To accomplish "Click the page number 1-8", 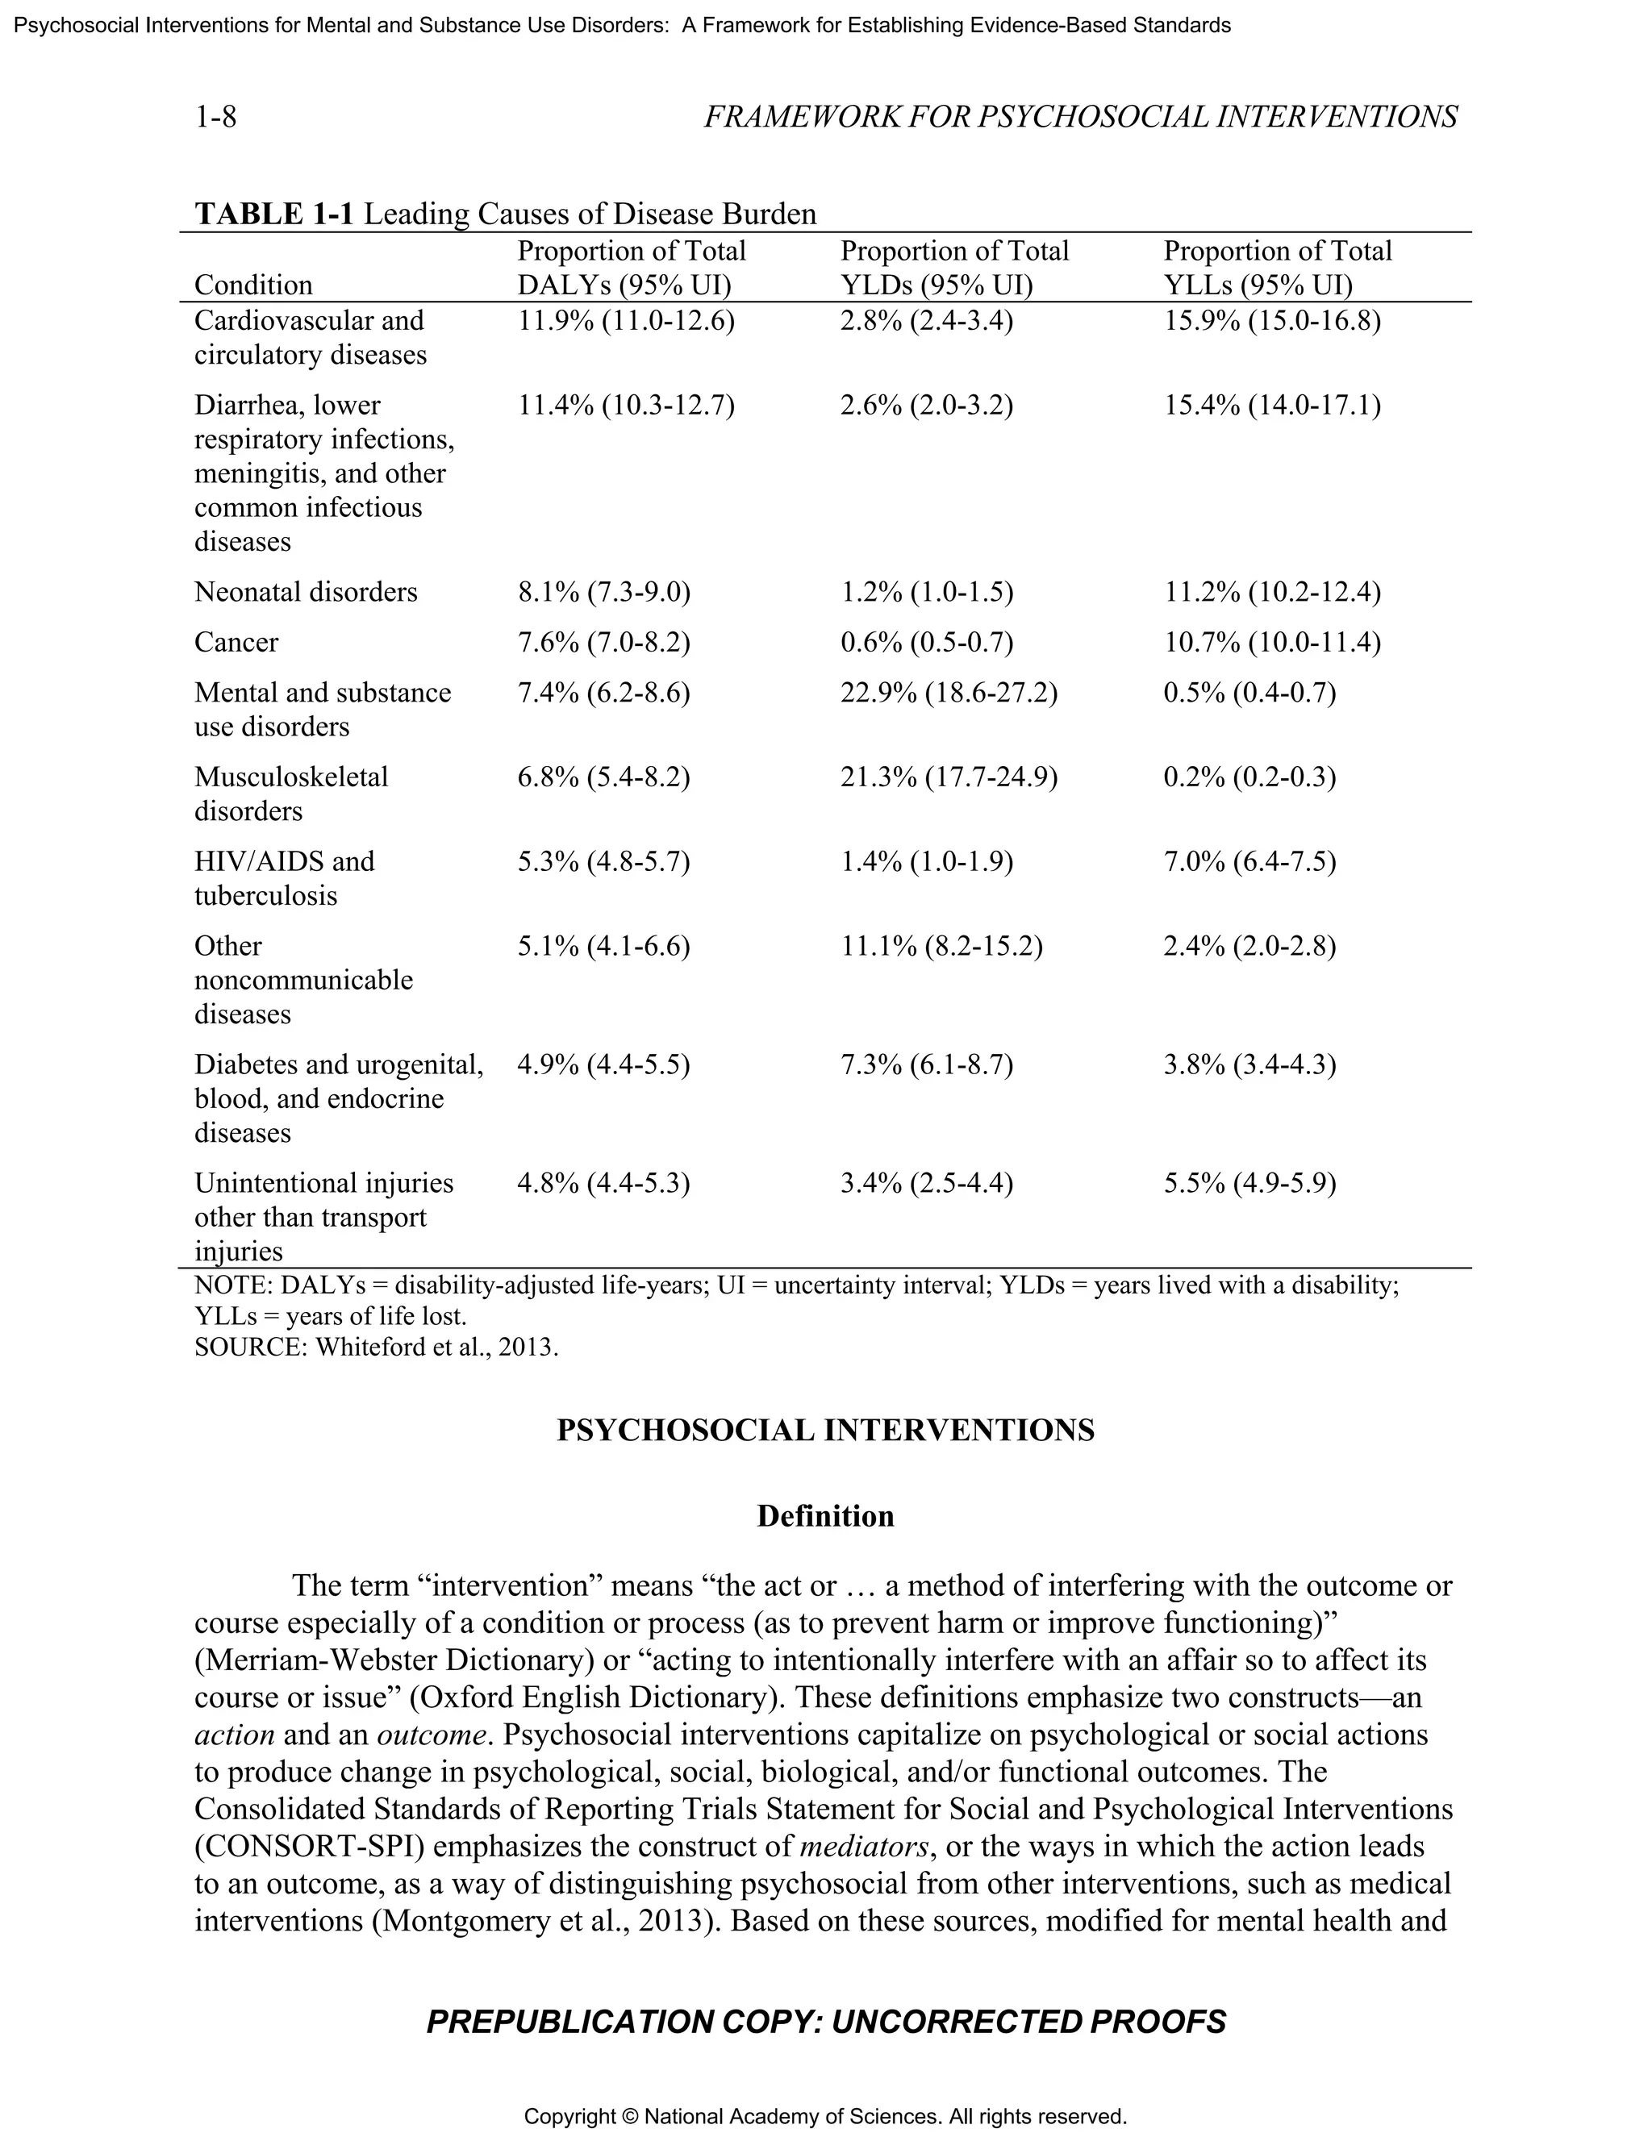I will pos(215,118).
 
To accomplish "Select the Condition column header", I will pos(253,285).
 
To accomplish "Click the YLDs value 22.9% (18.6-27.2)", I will pos(949,694).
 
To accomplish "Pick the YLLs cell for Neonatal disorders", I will pos(1271,593).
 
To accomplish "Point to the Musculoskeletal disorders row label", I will pos(290,794).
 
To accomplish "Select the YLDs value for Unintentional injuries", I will pos(926,1184).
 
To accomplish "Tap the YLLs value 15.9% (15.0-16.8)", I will pos(1271,321).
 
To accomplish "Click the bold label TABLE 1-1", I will pos(274,215).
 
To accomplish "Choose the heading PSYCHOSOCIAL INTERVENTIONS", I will pos(825,1431).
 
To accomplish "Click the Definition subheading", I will pos(825,1517).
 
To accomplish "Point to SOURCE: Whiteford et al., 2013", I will pos(376,1348).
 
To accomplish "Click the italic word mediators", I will pos(863,1847).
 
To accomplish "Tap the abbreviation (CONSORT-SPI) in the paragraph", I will pos(308,1847).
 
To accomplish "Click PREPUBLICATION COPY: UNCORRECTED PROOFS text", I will pos(825,2022).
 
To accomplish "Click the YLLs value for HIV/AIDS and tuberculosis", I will pos(1249,862).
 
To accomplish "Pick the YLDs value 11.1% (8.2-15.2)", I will pos(941,946).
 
